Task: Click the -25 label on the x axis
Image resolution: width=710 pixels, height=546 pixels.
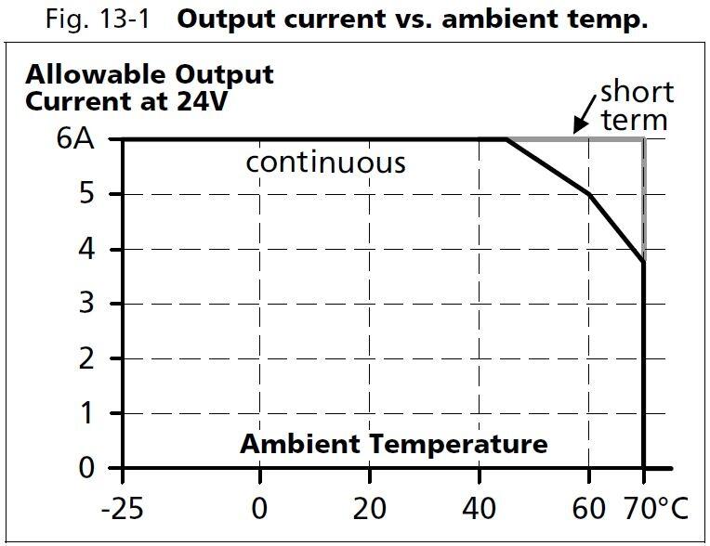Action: coord(121,510)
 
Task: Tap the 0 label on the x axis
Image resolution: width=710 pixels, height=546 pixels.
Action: coord(259,510)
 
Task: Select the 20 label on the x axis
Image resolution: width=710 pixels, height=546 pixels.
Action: coord(369,510)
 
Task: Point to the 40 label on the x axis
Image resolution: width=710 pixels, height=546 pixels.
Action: coord(479,510)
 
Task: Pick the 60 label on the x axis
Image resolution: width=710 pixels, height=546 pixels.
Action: coord(588,510)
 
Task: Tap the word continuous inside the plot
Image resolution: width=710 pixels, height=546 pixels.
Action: coord(325,163)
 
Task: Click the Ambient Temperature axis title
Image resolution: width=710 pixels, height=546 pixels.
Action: coord(394,445)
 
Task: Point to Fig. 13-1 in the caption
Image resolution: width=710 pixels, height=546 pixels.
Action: coord(99,20)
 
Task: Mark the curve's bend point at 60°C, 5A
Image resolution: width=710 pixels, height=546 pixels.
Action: coord(588,193)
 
